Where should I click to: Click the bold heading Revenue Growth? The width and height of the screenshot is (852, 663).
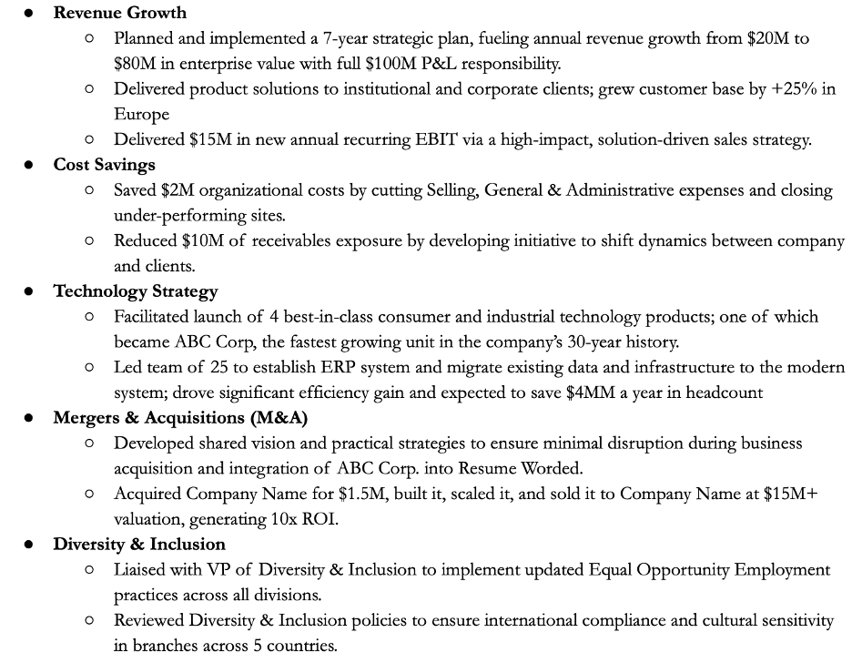pos(119,13)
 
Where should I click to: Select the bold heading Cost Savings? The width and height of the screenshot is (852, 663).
pos(104,165)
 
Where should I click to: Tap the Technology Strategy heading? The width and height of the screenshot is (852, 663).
pos(136,291)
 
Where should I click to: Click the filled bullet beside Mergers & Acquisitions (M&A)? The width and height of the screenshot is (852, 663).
pos(29,418)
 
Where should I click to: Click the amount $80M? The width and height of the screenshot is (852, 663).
pos(135,64)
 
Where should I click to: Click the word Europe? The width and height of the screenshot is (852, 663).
pos(141,115)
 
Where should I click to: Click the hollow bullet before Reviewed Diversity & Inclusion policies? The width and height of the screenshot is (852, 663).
pos(88,620)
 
